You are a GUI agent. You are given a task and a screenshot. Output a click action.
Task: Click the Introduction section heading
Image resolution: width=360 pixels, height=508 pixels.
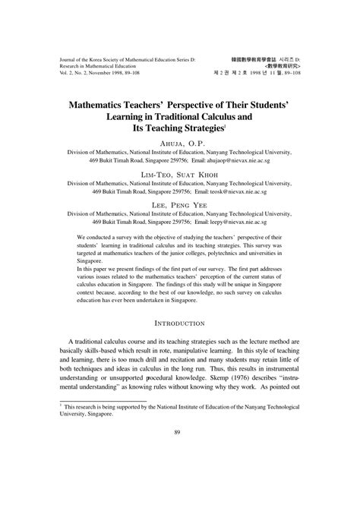(180, 323)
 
